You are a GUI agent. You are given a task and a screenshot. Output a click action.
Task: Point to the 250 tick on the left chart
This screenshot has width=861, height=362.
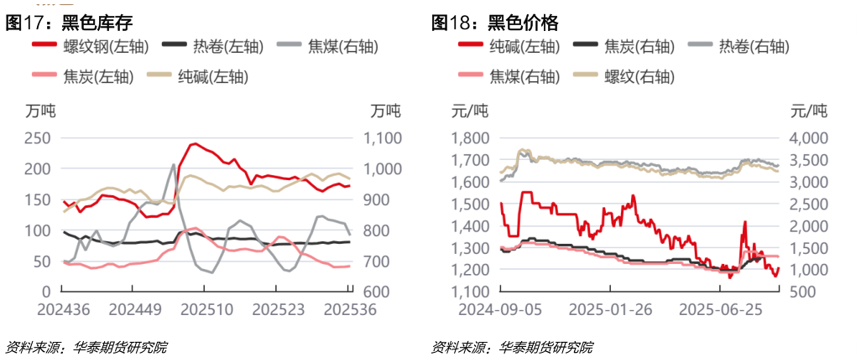(39, 138)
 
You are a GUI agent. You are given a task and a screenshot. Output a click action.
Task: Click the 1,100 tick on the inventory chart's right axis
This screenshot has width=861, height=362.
(380, 138)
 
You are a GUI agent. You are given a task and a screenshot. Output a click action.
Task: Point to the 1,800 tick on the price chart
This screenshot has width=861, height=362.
(471, 138)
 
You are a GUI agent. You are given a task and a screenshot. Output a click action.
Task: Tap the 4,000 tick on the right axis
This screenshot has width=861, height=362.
(807, 138)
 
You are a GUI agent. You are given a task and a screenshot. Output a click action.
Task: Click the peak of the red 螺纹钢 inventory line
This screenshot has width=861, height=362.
(195, 144)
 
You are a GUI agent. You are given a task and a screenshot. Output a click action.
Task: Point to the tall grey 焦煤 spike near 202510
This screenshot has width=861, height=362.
(174, 165)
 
